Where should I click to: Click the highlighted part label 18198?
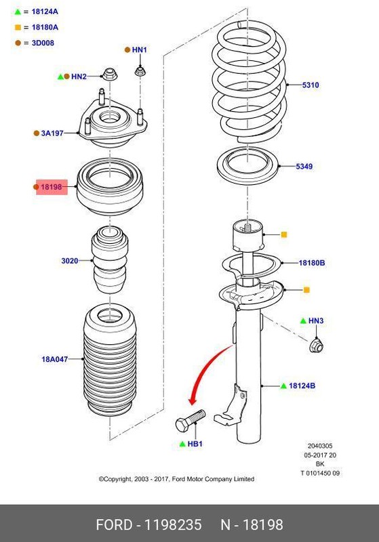pyautogui.click(x=52, y=186)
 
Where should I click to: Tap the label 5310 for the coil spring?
pyautogui.click(x=311, y=85)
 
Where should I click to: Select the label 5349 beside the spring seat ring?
pyautogui.click(x=304, y=166)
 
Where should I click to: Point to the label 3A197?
pyautogui.click(x=52, y=133)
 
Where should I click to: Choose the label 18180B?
pyautogui.click(x=313, y=262)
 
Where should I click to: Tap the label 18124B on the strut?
pyautogui.click(x=302, y=385)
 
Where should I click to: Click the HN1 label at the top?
pyautogui.click(x=139, y=49)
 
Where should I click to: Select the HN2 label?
pyautogui.click(x=79, y=77)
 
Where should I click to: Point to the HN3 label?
pyautogui.click(x=316, y=320)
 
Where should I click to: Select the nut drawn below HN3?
pyautogui.click(x=316, y=346)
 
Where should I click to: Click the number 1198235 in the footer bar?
pyautogui.click(x=169, y=524)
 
